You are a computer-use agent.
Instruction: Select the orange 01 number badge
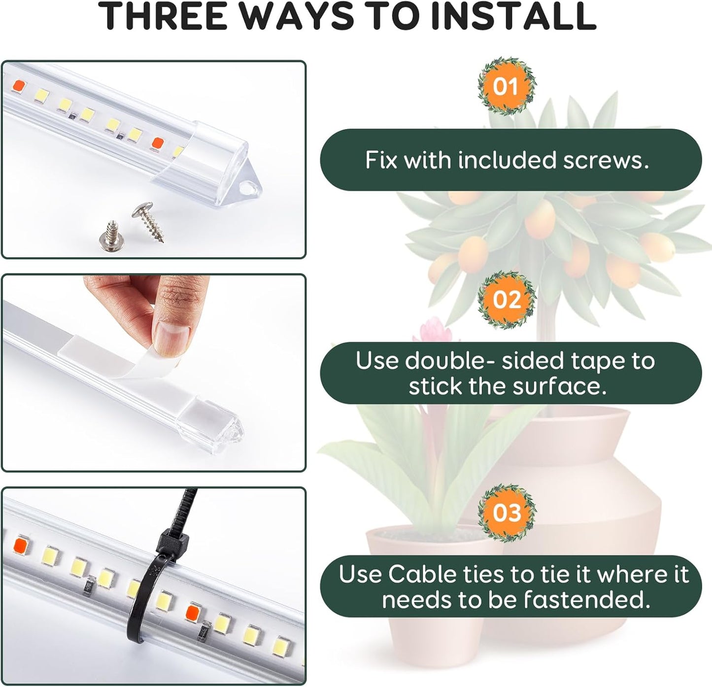click(x=506, y=87)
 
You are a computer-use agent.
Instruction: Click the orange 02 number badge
click(x=507, y=300)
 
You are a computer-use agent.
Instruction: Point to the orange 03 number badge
click(x=507, y=513)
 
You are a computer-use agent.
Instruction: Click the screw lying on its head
click(x=109, y=235)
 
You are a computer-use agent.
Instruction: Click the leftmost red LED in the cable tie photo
click(x=21, y=545)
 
